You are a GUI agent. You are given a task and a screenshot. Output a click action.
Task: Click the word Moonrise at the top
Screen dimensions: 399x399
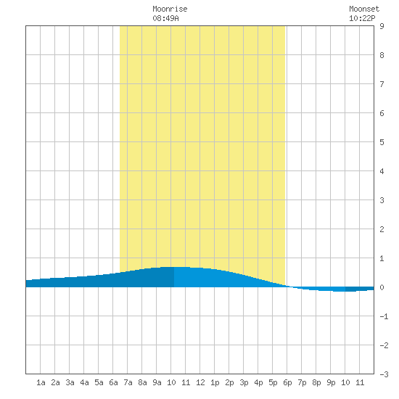[170, 9]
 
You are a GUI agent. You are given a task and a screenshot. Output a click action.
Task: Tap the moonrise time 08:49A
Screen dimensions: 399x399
[165, 18]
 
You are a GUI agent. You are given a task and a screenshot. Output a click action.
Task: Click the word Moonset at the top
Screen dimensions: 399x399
[364, 9]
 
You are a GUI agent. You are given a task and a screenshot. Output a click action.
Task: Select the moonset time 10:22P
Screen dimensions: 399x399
[362, 18]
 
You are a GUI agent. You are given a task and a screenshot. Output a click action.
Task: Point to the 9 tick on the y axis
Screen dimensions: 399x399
[382, 26]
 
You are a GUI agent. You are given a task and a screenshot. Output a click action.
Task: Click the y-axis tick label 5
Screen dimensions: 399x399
[382, 142]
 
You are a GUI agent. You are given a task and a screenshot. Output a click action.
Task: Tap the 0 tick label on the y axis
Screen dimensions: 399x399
[382, 287]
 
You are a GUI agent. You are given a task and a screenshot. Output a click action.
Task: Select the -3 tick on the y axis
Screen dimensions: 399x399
[384, 374]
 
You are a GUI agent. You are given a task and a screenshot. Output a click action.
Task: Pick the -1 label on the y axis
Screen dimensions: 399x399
[384, 316]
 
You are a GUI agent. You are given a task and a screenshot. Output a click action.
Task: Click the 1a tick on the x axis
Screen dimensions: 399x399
[41, 382]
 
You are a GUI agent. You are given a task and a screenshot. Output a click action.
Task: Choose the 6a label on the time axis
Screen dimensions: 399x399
[113, 382]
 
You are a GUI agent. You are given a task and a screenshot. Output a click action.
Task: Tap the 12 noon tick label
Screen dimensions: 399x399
[200, 382]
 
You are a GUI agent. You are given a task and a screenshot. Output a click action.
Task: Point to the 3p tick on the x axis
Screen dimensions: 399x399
[244, 382]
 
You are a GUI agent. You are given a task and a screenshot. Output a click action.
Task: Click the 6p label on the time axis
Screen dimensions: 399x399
[287, 382]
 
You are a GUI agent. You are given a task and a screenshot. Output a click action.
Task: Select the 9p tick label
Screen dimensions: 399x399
[331, 382]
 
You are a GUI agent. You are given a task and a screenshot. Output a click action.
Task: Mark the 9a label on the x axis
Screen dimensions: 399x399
[157, 382]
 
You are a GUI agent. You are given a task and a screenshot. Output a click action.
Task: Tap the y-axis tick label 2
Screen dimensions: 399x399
[382, 229]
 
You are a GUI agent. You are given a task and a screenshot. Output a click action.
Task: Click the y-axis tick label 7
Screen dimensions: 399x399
[382, 84]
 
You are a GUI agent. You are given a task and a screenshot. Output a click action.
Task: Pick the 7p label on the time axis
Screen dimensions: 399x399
[302, 382]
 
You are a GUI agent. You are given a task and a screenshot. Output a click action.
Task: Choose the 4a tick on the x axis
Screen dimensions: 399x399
[84, 382]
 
